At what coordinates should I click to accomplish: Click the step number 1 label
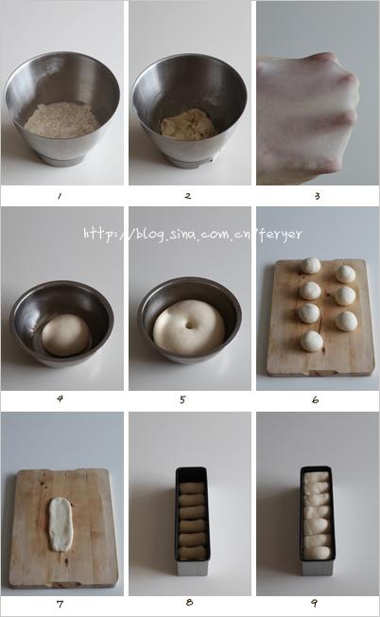tap(60, 196)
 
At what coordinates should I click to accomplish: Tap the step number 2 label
tap(188, 196)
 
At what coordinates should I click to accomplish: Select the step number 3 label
tap(317, 196)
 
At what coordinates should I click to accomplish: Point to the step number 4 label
tap(60, 398)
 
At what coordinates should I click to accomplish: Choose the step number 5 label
tap(182, 399)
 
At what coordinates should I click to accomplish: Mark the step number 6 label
tap(315, 399)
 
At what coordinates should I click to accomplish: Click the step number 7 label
tap(60, 604)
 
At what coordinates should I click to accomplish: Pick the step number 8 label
tap(189, 603)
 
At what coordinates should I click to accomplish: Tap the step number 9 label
tap(315, 603)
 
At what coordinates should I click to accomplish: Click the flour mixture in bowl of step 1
tap(61, 120)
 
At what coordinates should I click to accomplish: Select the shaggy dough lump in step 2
tap(188, 125)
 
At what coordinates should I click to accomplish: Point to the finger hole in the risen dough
tap(190, 326)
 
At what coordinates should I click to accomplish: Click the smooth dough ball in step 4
tap(66, 335)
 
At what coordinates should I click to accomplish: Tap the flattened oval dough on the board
tap(60, 524)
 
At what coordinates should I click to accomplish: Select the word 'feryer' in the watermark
tap(281, 235)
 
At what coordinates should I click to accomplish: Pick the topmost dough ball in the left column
tap(311, 266)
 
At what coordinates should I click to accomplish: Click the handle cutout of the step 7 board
tap(64, 584)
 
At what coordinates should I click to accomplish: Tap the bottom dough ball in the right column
tap(346, 321)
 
